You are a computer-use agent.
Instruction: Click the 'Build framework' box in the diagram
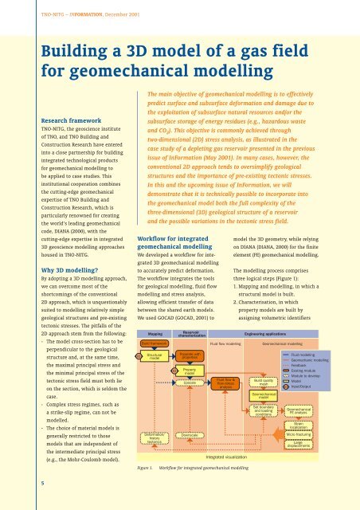(155, 341)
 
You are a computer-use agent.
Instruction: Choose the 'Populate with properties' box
(190, 355)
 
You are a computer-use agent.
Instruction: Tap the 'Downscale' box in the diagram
(190, 434)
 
